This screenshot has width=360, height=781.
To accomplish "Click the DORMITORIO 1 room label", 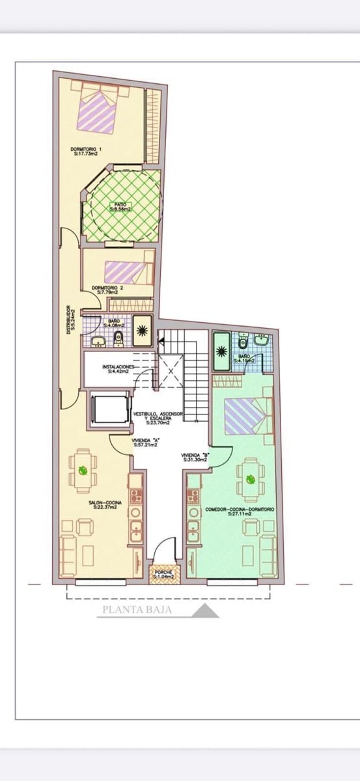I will [90, 151].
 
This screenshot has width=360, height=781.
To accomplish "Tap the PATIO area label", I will [120, 207].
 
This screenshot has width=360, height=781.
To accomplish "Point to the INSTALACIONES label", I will [118, 368].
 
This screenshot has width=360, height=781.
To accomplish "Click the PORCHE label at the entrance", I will [163, 573].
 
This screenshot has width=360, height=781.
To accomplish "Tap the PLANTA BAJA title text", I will [145, 610].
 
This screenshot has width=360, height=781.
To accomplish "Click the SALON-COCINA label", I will [103, 504].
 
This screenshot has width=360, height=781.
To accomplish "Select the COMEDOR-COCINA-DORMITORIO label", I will [240, 511].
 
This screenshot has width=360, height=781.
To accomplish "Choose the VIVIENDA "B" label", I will [195, 458].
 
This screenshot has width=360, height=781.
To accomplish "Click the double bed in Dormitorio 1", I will [99, 111].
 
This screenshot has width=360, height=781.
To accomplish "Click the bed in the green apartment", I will [247, 417].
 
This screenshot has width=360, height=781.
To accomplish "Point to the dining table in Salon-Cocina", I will [83, 470].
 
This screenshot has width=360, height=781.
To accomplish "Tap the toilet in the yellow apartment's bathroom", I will [118, 337].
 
